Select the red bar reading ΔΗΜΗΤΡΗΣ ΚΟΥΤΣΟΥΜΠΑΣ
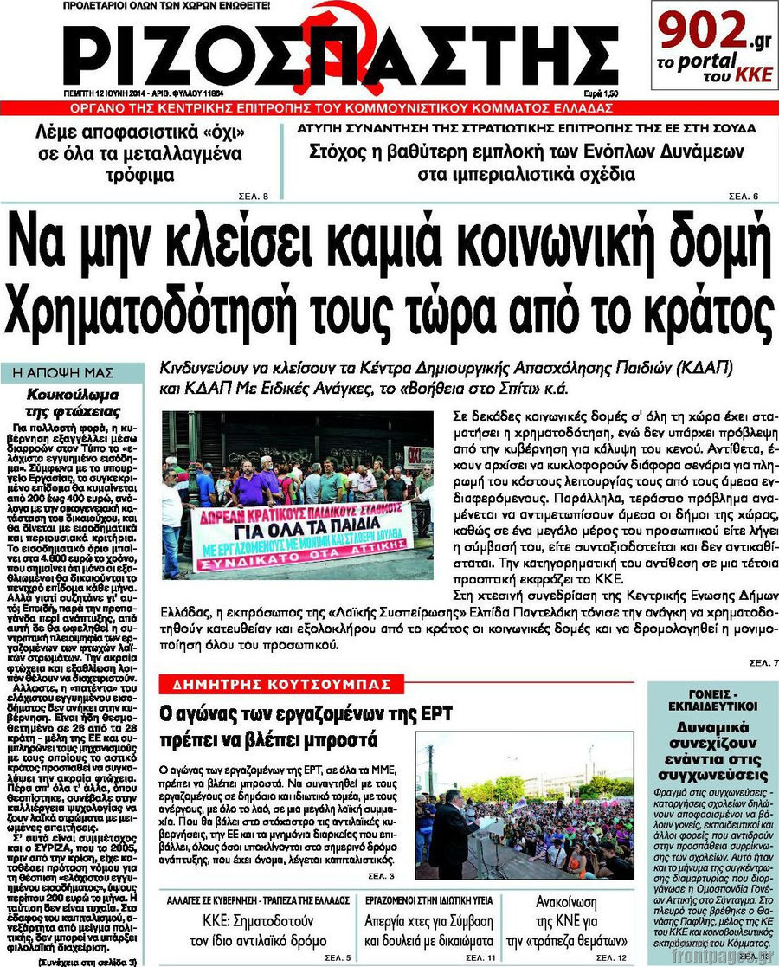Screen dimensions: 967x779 [x=282, y=684]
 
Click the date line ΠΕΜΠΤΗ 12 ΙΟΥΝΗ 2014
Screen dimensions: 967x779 [x=112, y=92]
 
